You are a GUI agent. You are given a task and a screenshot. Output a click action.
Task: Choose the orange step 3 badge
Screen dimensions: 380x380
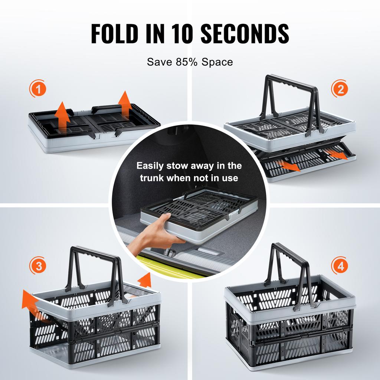pyautogui.click(x=38, y=266)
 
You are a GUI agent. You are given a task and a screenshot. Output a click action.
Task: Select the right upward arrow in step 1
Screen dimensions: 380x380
pyautogui.click(x=125, y=104)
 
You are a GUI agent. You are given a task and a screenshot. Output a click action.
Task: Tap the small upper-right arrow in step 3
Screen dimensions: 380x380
pyautogui.click(x=145, y=280)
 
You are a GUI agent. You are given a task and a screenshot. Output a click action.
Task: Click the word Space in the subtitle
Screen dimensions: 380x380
pyautogui.click(x=217, y=62)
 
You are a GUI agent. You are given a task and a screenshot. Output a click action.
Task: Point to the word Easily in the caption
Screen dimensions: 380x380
pyautogui.click(x=151, y=166)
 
